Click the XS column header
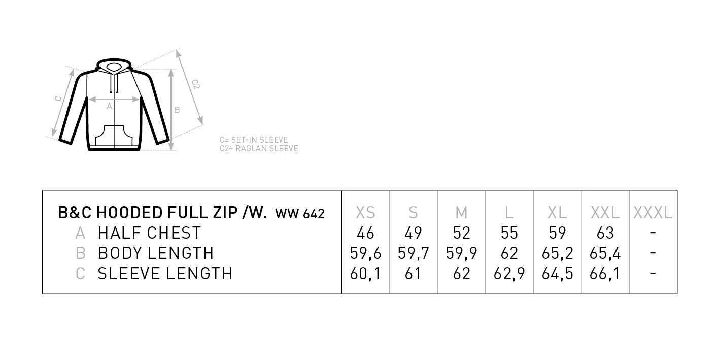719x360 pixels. click(x=365, y=213)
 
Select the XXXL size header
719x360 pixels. click(x=653, y=213)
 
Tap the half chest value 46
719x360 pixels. click(x=365, y=233)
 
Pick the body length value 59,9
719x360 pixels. click(x=461, y=253)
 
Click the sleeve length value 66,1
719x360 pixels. click(x=605, y=274)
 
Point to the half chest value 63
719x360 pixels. click(x=605, y=233)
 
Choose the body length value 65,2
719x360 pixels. click(x=557, y=253)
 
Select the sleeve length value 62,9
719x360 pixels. click(x=509, y=274)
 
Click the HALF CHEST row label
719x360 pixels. click(x=150, y=233)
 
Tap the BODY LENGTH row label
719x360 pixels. click(x=156, y=253)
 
